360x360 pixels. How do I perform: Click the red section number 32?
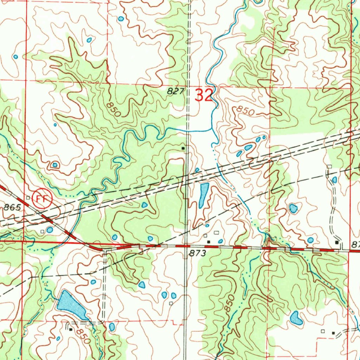click(204, 95)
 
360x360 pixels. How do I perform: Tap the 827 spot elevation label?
click(175, 91)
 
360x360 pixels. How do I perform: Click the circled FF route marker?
click(42, 199)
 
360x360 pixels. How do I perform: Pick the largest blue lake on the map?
click(72, 305)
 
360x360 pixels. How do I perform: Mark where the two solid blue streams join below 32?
click(212, 129)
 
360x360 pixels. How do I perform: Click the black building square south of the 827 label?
click(183, 149)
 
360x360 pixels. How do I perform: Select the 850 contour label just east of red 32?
click(245, 110)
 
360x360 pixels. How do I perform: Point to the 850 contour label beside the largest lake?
click(84, 336)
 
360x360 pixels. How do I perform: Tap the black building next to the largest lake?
click(70, 329)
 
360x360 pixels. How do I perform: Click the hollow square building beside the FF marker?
click(28, 198)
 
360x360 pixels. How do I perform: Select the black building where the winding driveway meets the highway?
click(337, 243)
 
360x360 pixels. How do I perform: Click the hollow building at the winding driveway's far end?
click(329, 166)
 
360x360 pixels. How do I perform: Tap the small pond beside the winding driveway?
click(334, 180)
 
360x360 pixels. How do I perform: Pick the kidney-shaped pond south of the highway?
click(296, 318)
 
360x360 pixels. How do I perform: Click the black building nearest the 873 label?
click(208, 242)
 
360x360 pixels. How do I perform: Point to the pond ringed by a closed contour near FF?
click(54, 165)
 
